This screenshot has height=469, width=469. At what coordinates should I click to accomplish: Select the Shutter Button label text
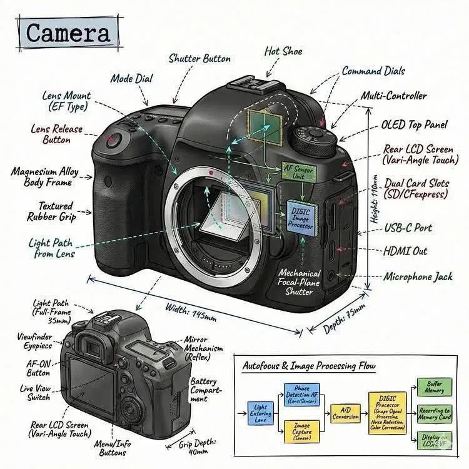(x=199, y=59)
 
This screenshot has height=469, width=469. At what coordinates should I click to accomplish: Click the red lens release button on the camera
(x=113, y=141)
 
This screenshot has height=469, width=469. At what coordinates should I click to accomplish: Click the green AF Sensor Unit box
(x=298, y=172)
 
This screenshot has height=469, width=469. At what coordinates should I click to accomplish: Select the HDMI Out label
(x=405, y=251)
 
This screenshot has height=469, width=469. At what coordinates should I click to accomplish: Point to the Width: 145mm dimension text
(x=191, y=311)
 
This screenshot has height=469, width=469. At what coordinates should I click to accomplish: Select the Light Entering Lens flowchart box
(x=260, y=413)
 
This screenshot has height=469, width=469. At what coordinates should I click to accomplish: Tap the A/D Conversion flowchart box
(x=345, y=413)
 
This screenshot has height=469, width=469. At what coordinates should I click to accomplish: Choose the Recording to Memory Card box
(x=434, y=413)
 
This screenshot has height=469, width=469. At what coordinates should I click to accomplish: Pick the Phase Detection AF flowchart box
(x=302, y=395)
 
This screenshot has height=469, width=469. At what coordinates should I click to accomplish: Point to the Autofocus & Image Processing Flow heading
(x=309, y=366)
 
